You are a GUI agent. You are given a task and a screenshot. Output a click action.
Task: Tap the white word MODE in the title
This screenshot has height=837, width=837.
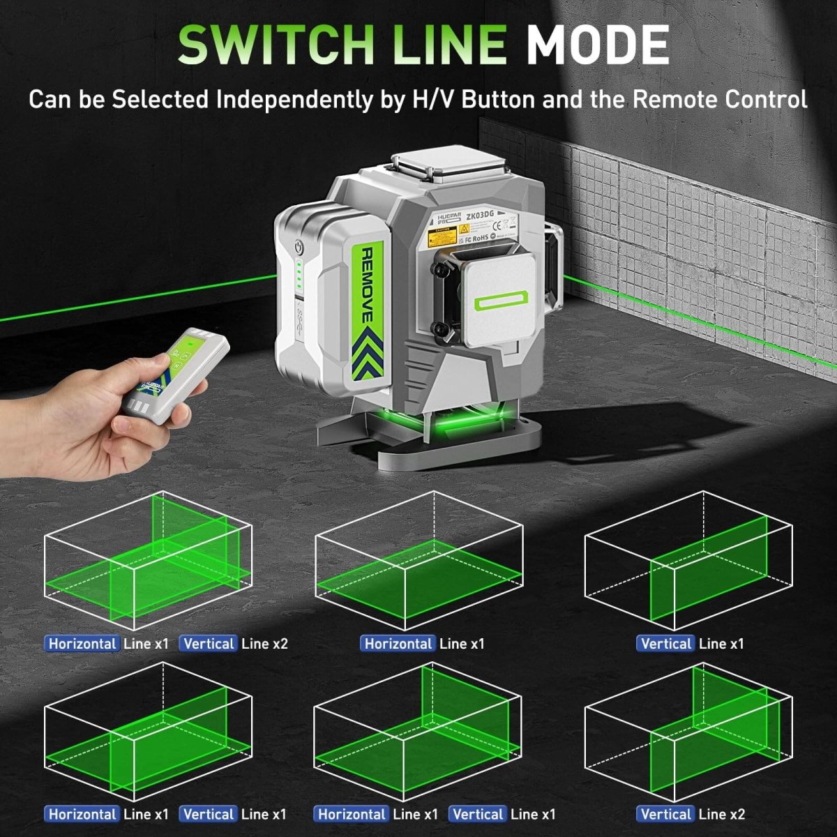[597, 45]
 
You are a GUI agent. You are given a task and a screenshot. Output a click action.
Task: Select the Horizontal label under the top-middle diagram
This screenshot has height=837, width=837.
[398, 644]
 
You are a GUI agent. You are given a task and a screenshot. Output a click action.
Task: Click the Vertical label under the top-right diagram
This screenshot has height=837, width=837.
[666, 644]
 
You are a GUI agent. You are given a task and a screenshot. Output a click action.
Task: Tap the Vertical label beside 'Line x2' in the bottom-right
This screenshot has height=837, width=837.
[666, 814]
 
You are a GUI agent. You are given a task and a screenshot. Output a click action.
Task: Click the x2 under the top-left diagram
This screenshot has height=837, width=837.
[280, 644]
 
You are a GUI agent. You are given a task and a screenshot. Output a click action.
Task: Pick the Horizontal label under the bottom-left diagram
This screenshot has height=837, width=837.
[82, 814]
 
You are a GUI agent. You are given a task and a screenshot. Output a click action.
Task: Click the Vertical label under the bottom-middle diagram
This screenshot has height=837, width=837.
[478, 814]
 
